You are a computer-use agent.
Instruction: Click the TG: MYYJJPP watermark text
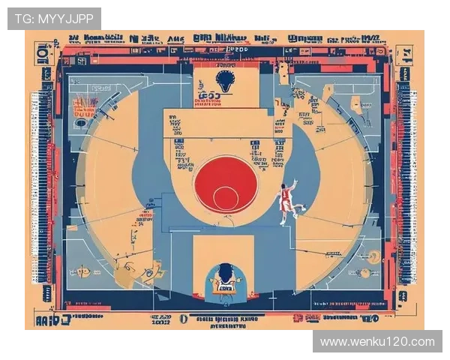tap(54, 18)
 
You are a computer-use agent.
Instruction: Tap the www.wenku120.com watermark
tap(377, 342)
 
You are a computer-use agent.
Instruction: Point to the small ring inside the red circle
tap(225, 198)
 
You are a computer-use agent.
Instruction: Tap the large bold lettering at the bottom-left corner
tap(52, 320)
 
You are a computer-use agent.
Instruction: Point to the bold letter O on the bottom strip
tap(182, 318)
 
